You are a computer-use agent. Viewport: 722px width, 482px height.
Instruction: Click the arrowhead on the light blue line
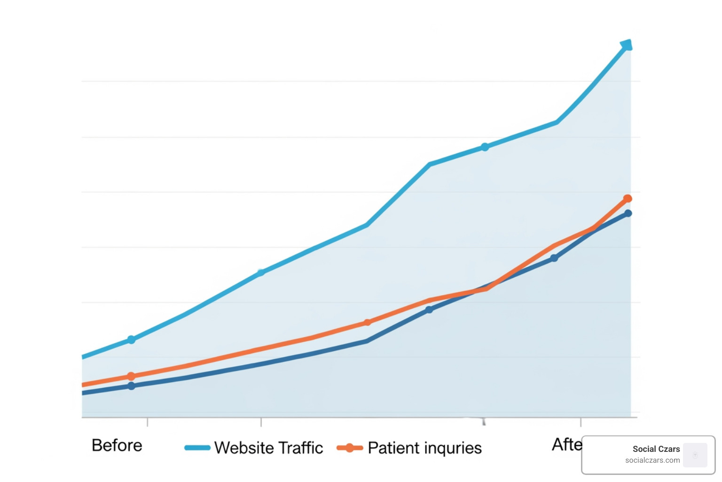tap(627, 45)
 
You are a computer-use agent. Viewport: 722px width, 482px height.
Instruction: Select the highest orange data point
tap(628, 199)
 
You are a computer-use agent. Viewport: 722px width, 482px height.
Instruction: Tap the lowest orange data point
tap(131, 376)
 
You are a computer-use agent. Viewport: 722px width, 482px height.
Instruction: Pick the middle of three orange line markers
tap(367, 322)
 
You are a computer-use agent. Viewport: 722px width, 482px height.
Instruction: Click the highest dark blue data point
tap(628, 213)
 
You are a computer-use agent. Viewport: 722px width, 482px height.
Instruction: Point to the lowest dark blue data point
tap(131, 386)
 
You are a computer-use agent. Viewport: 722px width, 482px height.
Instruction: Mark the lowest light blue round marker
tap(131, 339)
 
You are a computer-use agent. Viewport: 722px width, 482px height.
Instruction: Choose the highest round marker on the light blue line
tap(485, 147)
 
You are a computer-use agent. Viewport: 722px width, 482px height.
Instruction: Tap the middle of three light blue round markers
tap(261, 273)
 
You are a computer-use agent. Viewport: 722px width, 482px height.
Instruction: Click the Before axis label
tap(117, 445)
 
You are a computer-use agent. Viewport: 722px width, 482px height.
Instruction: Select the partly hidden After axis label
tap(567, 444)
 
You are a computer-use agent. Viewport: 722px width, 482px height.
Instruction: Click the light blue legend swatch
tap(197, 448)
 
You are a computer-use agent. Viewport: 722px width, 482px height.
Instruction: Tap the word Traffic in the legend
tap(300, 448)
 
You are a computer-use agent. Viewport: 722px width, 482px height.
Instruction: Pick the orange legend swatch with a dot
tap(350, 448)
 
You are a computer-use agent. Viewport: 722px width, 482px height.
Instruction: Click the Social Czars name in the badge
tap(656, 449)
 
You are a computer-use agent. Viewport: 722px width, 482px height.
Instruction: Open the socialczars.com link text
tap(652, 460)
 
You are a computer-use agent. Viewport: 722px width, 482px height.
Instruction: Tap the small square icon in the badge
tap(695, 455)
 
